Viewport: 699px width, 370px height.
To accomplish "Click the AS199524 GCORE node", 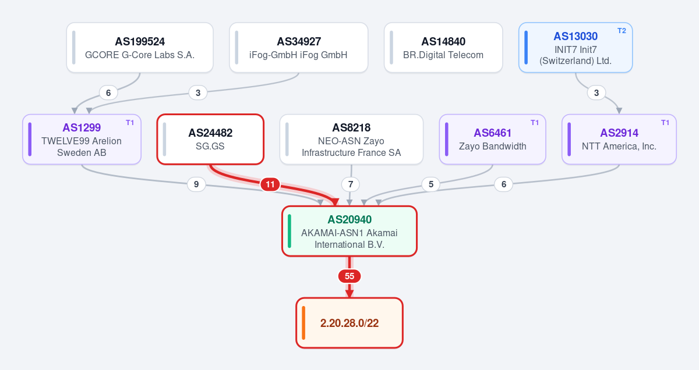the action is pos(140,47).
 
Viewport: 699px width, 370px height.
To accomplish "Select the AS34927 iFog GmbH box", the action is pos(299,47).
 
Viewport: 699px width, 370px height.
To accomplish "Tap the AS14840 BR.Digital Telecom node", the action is pos(443,47).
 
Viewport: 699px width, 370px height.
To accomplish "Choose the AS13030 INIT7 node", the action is pos(576,47).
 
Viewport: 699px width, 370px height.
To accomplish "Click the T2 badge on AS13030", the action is pos(622,31).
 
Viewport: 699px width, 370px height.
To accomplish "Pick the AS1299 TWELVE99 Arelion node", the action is pos(82,139).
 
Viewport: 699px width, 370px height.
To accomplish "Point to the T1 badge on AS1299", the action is pos(130,123).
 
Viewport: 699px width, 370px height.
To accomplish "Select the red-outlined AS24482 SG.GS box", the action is pos(210,139).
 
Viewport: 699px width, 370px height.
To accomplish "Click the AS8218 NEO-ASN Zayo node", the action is pos(351,139).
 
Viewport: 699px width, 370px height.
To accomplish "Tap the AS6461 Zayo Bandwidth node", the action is pos(492,139).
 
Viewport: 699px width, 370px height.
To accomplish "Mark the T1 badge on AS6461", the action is pos(535,123).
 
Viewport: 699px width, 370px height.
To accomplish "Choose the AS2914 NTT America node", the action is pos(619,139).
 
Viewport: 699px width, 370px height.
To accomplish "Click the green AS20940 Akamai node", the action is pos(349,231).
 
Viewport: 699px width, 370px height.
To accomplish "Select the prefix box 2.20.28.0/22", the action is pos(349,323).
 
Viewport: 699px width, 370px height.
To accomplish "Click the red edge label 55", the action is pos(349,276).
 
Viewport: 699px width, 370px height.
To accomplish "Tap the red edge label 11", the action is pos(270,184).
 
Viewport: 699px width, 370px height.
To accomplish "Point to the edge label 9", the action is pos(196,184).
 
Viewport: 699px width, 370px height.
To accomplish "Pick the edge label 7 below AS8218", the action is pos(351,184).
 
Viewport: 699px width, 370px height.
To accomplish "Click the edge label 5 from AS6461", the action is pos(431,184).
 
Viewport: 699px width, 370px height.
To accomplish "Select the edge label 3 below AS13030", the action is pos(596,93).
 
